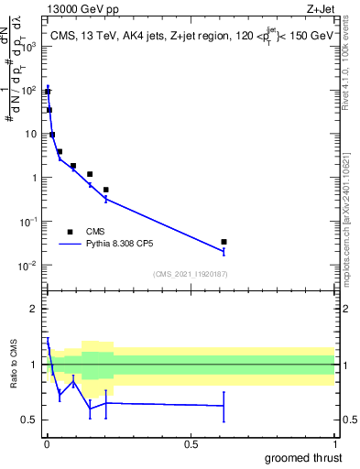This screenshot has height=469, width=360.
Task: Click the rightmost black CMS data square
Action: coord(224,242)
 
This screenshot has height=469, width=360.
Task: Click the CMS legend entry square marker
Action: coord(70,232)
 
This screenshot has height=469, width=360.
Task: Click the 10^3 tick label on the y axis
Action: coord(29,46)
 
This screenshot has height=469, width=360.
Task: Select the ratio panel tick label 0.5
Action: coord(30,420)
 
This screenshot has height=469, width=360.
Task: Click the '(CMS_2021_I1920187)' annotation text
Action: coord(191,274)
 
